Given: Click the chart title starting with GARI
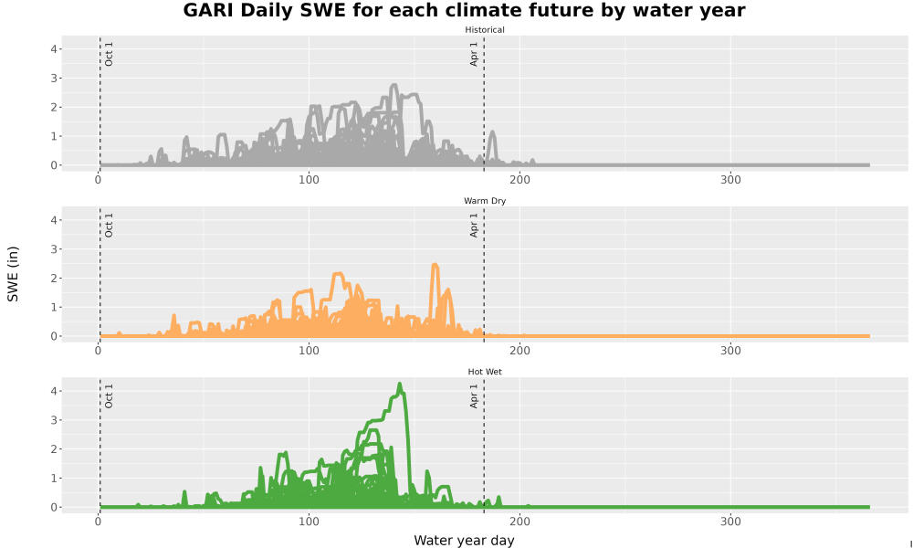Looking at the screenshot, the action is tap(464, 10).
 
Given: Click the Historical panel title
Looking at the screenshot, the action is tap(485, 30).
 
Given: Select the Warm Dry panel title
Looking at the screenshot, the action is tap(485, 201).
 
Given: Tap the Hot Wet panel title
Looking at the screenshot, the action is tap(485, 372).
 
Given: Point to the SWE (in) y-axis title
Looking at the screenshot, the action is tap(13, 274).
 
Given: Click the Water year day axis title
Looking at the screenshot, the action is tap(464, 541).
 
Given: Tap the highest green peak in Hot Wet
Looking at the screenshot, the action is tap(400, 385).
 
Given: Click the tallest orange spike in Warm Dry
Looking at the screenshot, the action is tap(435, 266).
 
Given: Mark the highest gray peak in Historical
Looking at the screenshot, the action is tap(394, 86).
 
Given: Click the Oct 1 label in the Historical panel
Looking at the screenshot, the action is tap(109, 54).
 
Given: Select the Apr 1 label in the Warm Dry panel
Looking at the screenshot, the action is tap(474, 225).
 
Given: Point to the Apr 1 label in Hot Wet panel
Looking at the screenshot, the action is tap(474, 395).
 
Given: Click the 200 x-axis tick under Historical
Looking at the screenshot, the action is tap(520, 180).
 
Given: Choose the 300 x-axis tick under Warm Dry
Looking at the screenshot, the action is tap(730, 351).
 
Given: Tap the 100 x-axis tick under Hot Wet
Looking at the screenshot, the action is tap(309, 522).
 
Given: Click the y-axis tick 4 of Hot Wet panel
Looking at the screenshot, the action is tap(54, 391).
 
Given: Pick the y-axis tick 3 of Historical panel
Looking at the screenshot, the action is tap(54, 78).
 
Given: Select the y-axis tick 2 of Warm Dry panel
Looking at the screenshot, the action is tap(54, 279).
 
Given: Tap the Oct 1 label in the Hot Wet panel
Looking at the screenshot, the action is tap(109, 395).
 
